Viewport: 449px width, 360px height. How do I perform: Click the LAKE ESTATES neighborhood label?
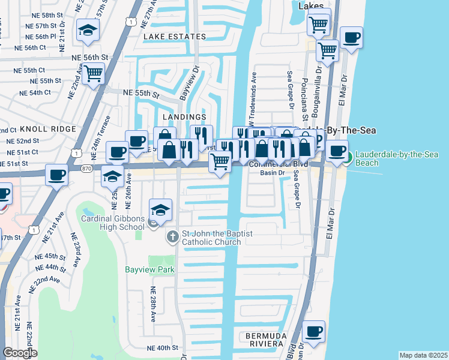(174, 37)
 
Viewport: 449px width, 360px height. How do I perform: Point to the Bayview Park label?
(149, 270)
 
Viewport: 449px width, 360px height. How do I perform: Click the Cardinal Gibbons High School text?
(113, 222)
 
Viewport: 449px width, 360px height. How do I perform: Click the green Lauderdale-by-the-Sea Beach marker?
(348, 158)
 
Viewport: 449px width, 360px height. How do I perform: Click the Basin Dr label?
(271, 173)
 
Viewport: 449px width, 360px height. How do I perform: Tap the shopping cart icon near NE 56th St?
(93, 74)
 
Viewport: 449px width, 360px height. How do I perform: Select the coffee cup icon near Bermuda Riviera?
(313, 331)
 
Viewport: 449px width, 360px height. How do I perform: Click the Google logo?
(20, 353)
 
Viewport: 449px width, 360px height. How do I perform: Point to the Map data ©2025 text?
(423, 355)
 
